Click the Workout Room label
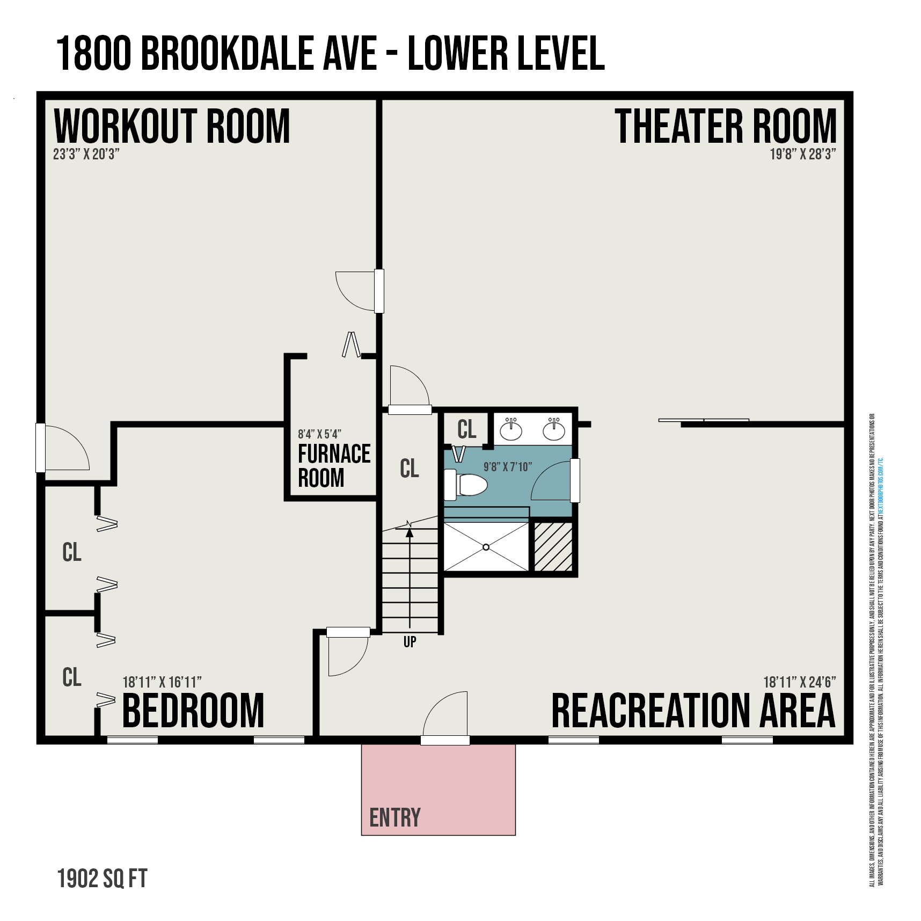pyautogui.click(x=172, y=127)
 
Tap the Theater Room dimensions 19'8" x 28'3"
pyautogui.click(x=802, y=155)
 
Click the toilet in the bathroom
pyautogui.click(x=468, y=485)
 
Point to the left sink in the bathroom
pyautogui.click(x=510, y=429)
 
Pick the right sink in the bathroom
pyautogui.click(x=553, y=429)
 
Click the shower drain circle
pyautogui.click(x=486, y=547)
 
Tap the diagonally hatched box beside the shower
pyautogui.click(x=553, y=547)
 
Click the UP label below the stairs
pyautogui.click(x=410, y=642)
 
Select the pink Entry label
pyautogui.click(x=394, y=817)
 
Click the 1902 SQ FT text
pyautogui.click(x=102, y=879)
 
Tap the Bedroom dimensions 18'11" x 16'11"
pyautogui.click(x=162, y=682)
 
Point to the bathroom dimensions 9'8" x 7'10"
pyautogui.click(x=507, y=467)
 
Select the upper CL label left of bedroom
pyautogui.click(x=71, y=552)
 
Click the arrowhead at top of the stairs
pyautogui.click(x=410, y=532)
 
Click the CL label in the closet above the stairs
pyautogui.click(x=409, y=468)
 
